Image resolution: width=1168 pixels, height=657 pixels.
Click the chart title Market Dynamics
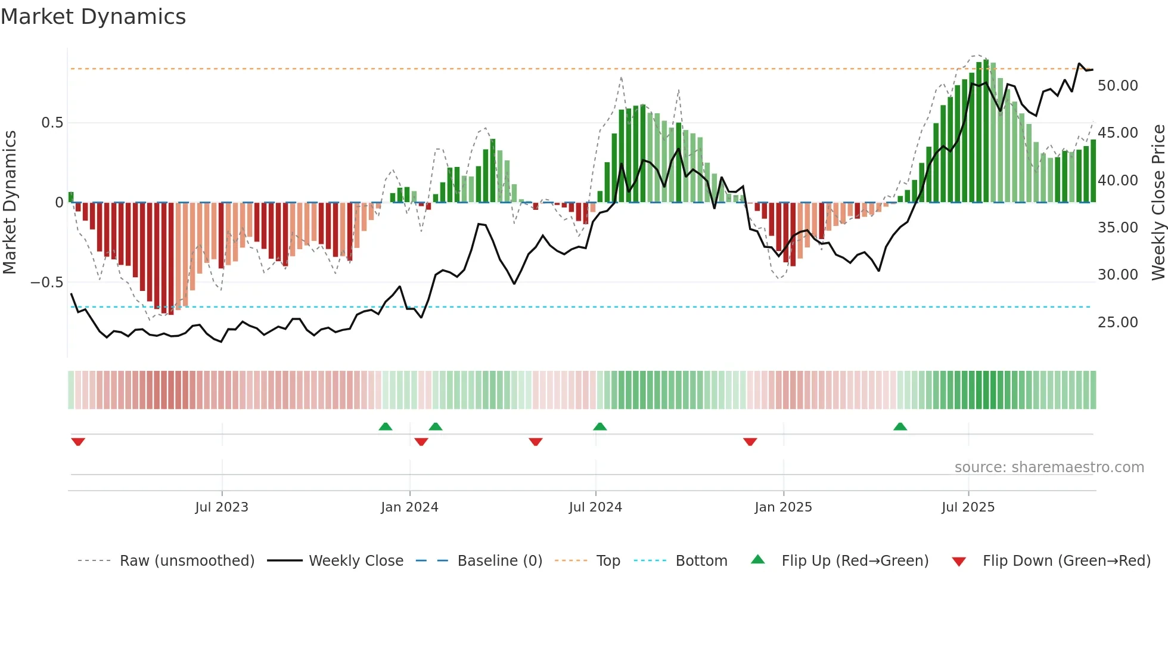[93, 17]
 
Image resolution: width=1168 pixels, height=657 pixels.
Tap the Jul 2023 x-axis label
[221, 507]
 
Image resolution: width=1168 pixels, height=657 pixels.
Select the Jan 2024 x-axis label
[409, 507]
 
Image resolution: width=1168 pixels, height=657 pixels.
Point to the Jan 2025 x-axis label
[783, 507]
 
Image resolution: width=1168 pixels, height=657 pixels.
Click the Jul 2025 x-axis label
[968, 507]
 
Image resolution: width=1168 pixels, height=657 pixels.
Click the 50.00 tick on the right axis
[1117, 86]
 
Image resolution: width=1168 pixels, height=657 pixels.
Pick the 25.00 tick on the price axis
[1117, 323]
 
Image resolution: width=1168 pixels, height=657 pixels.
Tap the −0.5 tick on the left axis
[47, 283]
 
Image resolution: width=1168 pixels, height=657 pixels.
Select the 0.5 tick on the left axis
[52, 123]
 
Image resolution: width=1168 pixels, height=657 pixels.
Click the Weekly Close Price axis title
[1158, 203]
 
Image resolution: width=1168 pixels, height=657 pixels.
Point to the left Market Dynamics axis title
[10, 203]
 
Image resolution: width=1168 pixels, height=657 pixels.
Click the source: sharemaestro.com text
[1049, 467]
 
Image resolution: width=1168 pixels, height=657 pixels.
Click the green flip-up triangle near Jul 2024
[600, 426]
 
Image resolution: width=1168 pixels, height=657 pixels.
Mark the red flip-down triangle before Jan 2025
[750, 442]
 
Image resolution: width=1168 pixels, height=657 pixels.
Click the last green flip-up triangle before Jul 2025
[900, 426]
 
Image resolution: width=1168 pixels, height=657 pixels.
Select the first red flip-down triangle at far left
[78, 442]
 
